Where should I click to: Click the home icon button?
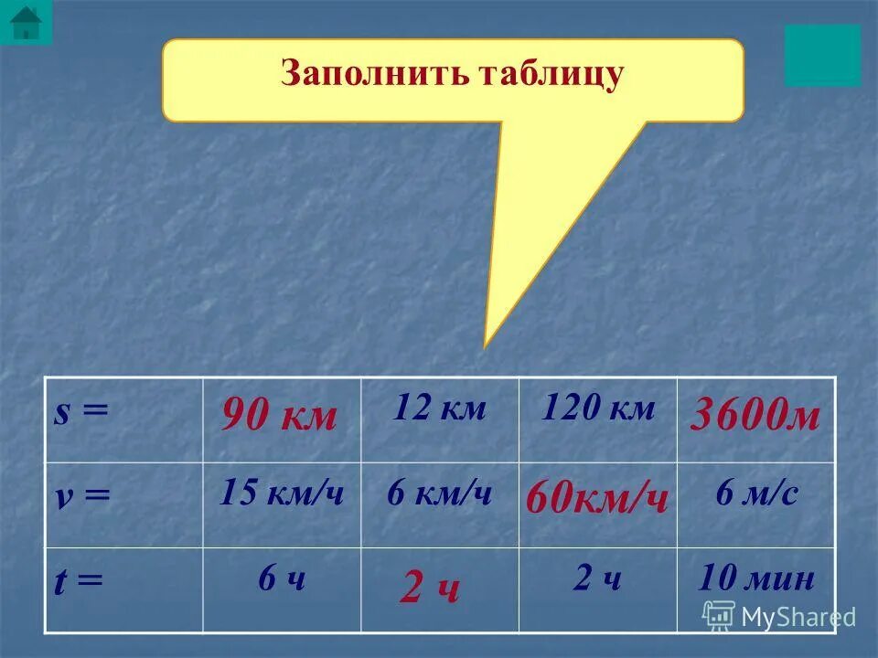(x=26, y=21)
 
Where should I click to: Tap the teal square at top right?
(x=821, y=55)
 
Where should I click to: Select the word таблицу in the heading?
(x=550, y=74)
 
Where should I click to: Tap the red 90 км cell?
(x=280, y=417)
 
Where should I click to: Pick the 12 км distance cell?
(x=439, y=409)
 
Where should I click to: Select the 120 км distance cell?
(x=598, y=409)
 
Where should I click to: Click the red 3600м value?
(x=755, y=417)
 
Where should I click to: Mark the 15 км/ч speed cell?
(x=282, y=493)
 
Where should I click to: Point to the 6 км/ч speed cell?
(x=439, y=493)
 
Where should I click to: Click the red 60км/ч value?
(x=597, y=500)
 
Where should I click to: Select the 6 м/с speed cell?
(x=756, y=493)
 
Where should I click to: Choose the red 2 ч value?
(x=429, y=590)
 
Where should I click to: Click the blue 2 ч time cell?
(x=597, y=578)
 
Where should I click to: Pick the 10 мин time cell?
(x=755, y=578)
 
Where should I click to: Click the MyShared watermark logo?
(x=779, y=616)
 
